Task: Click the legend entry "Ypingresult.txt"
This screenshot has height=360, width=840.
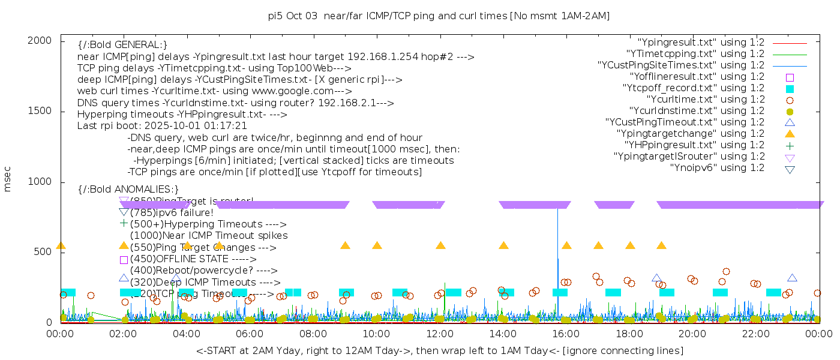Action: [x=700, y=43]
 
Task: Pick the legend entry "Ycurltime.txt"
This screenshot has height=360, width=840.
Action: [x=705, y=100]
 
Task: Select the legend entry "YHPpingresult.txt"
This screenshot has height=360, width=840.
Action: [x=694, y=145]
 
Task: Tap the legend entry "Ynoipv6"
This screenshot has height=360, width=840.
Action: [x=717, y=168]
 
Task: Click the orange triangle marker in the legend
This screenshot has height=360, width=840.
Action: [x=790, y=134]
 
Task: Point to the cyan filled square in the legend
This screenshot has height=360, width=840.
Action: [x=790, y=88]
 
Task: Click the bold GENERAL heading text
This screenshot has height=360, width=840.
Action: [x=122, y=45]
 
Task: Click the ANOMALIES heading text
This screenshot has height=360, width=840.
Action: [x=128, y=190]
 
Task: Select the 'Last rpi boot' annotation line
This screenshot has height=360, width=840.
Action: [x=162, y=126]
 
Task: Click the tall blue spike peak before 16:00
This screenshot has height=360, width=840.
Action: [x=558, y=209]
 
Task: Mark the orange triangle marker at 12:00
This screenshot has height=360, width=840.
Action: [x=440, y=245]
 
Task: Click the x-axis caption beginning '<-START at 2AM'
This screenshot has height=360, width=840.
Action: [x=439, y=350]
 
